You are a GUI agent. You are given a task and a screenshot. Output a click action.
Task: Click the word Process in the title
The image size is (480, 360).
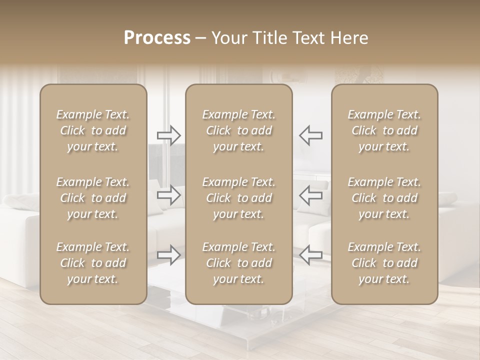tap(157, 38)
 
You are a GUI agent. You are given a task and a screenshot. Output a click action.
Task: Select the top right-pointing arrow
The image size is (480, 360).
tap(169, 135)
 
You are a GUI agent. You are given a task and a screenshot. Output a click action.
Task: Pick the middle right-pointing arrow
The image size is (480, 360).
tap(169, 195)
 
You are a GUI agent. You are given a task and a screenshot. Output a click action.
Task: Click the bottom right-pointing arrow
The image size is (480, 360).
tap(169, 255)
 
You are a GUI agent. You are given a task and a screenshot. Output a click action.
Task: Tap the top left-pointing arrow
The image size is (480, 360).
tap(311, 135)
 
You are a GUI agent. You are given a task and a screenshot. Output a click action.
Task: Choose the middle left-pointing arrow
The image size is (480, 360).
tap(311, 195)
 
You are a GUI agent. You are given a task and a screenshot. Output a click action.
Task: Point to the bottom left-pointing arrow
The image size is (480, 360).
tap(311, 255)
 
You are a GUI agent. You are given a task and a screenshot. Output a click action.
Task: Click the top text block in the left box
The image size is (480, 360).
tap(93, 130)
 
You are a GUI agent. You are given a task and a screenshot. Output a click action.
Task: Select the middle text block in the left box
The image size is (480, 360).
tap(93, 198)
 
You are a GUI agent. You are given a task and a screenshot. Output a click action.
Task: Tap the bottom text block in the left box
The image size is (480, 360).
tap(93, 263)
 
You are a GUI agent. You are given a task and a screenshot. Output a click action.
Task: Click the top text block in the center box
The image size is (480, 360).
tap(238, 130)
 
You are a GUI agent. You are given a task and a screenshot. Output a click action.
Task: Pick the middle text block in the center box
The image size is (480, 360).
tap(238, 198)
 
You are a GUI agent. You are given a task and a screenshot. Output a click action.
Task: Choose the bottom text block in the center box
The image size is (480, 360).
tap(238, 263)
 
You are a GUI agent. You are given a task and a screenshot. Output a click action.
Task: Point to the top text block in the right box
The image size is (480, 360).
tap(384, 130)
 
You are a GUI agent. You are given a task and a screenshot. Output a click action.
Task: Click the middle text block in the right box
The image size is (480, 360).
tap(384, 198)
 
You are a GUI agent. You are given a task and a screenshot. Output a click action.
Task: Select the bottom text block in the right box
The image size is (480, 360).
tap(384, 263)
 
